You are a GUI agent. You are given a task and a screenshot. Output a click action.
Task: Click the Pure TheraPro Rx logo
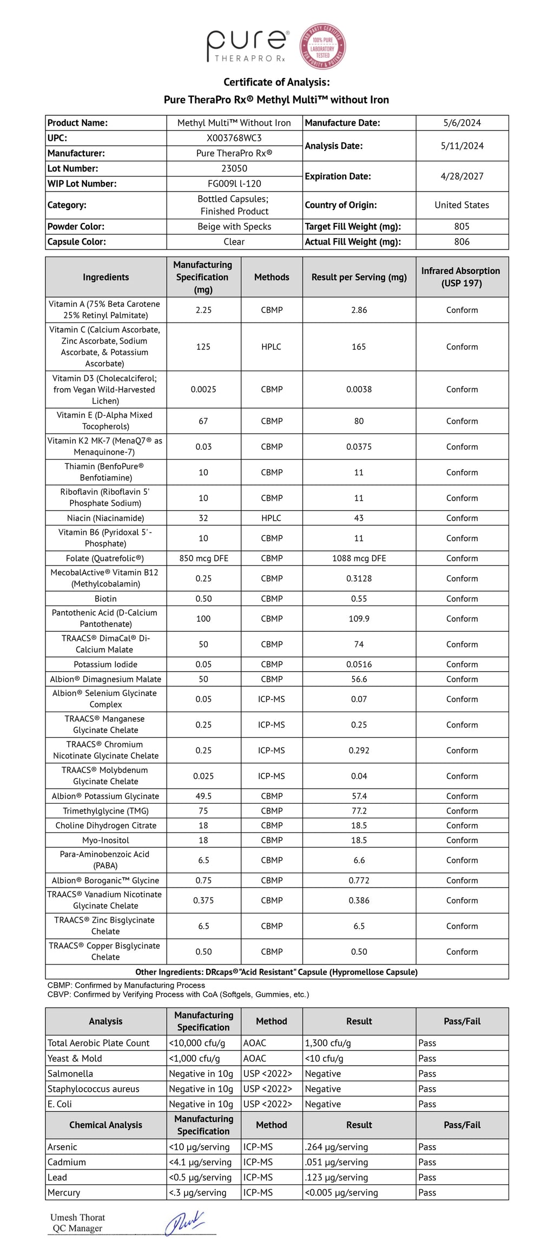(x=247, y=46)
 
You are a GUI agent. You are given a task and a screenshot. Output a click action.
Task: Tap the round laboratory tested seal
(x=323, y=47)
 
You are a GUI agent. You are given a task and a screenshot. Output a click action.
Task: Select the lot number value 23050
(x=234, y=168)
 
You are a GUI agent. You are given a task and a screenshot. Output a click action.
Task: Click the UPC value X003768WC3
(x=234, y=138)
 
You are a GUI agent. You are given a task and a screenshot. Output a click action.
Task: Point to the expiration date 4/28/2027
(x=461, y=176)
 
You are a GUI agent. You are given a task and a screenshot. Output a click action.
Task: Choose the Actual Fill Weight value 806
(x=461, y=241)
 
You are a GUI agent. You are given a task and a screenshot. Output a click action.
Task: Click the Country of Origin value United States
(x=461, y=205)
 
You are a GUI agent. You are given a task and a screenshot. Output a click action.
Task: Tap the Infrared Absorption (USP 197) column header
(x=461, y=277)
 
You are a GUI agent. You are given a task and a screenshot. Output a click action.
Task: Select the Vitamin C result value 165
(x=359, y=346)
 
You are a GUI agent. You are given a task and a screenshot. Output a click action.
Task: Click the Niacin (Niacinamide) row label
(x=105, y=518)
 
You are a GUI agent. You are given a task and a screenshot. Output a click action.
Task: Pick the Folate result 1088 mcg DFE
(x=359, y=558)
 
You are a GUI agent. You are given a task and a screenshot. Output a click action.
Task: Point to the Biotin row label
(x=105, y=599)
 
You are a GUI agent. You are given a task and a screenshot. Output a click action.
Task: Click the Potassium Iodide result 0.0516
(x=359, y=664)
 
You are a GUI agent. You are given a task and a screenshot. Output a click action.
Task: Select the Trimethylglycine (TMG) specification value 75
(x=203, y=811)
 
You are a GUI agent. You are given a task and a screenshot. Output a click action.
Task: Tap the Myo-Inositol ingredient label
(x=105, y=840)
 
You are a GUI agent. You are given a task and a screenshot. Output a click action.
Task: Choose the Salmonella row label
(x=70, y=1073)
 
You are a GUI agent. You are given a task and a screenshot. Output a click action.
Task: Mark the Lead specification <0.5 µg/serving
(x=200, y=1177)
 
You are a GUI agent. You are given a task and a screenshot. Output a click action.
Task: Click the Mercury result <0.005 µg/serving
(x=341, y=1192)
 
